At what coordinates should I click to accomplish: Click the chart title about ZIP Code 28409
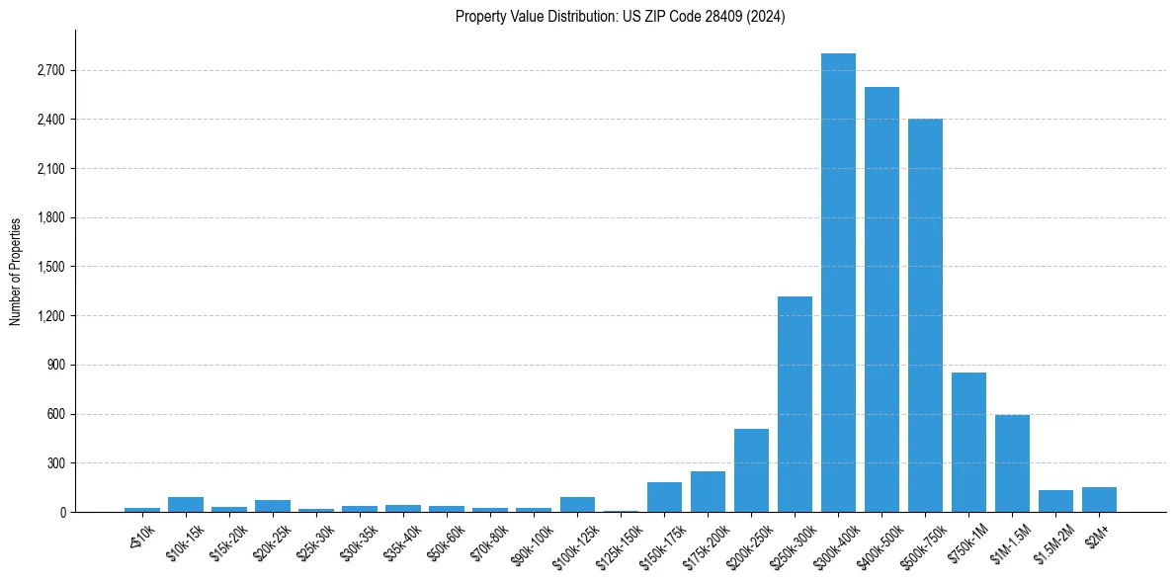pos(620,17)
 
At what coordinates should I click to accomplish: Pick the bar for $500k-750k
pos(925,315)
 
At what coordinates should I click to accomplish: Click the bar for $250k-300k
pos(795,404)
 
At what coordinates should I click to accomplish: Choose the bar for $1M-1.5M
pos(1012,463)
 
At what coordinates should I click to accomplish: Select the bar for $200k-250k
pos(751,470)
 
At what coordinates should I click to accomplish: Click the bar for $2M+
pos(1099,500)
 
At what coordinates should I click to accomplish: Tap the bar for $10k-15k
pos(186,504)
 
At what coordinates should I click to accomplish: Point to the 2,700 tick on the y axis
pos(49,71)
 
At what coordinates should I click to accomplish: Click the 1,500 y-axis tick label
pos(49,267)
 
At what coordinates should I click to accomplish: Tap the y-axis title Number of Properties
pos(16,272)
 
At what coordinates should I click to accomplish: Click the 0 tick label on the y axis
pos(61,513)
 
